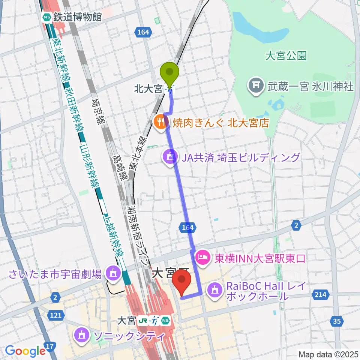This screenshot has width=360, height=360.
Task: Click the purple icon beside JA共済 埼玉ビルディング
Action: click(x=169, y=157)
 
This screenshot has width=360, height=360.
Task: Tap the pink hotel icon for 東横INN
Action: click(x=202, y=258)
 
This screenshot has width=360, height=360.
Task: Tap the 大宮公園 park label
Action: click(x=286, y=56)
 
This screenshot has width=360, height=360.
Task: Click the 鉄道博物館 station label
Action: click(x=77, y=17)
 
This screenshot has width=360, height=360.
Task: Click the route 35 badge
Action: click(x=336, y=321)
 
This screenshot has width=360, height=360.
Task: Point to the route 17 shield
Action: click(x=51, y=346)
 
